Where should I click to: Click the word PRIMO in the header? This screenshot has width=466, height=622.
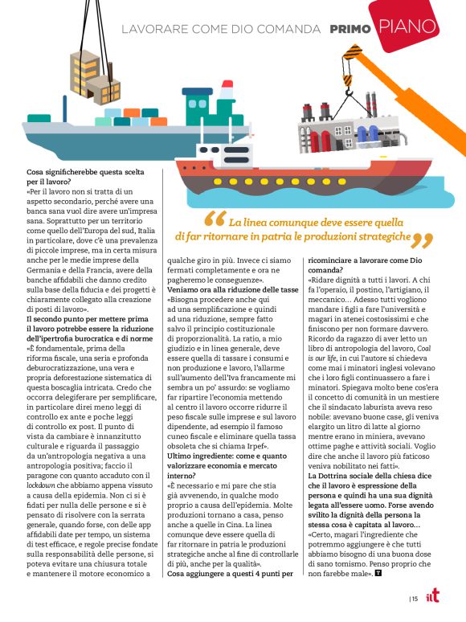pyautogui.click(x=350, y=30)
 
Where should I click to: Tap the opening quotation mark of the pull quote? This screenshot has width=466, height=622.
pyautogui.click(x=215, y=219)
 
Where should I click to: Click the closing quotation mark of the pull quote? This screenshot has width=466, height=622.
pyautogui.click(x=422, y=239)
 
